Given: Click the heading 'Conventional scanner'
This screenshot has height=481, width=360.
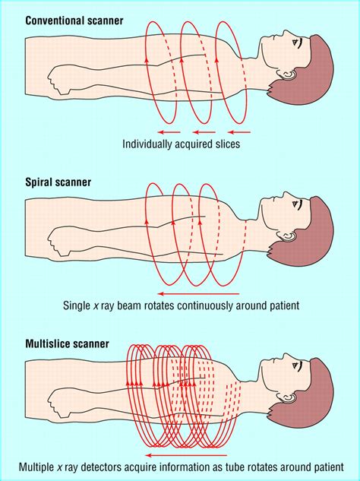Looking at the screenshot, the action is pyautogui.click(x=74, y=21).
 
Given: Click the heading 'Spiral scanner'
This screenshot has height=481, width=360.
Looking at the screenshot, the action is pyautogui.click(x=58, y=182).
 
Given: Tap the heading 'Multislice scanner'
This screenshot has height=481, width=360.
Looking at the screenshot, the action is pyautogui.click(x=67, y=343).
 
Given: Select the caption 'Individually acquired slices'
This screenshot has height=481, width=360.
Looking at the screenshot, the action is pyautogui.click(x=181, y=144).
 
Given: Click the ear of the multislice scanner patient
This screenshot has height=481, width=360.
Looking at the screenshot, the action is pyautogui.click(x=287, y=398).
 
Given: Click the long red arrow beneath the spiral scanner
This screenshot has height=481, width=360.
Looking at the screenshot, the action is pyautogui.click(x=198, y=294).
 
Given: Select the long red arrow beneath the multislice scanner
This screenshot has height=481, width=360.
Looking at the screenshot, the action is pyautogui.click(x=186, y=455).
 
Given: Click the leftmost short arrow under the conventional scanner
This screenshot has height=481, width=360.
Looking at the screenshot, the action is pyautogui.click(x=169, y=132).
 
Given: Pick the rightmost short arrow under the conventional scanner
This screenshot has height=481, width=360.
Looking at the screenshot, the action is pyautogui.click(x=239, y=132).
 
